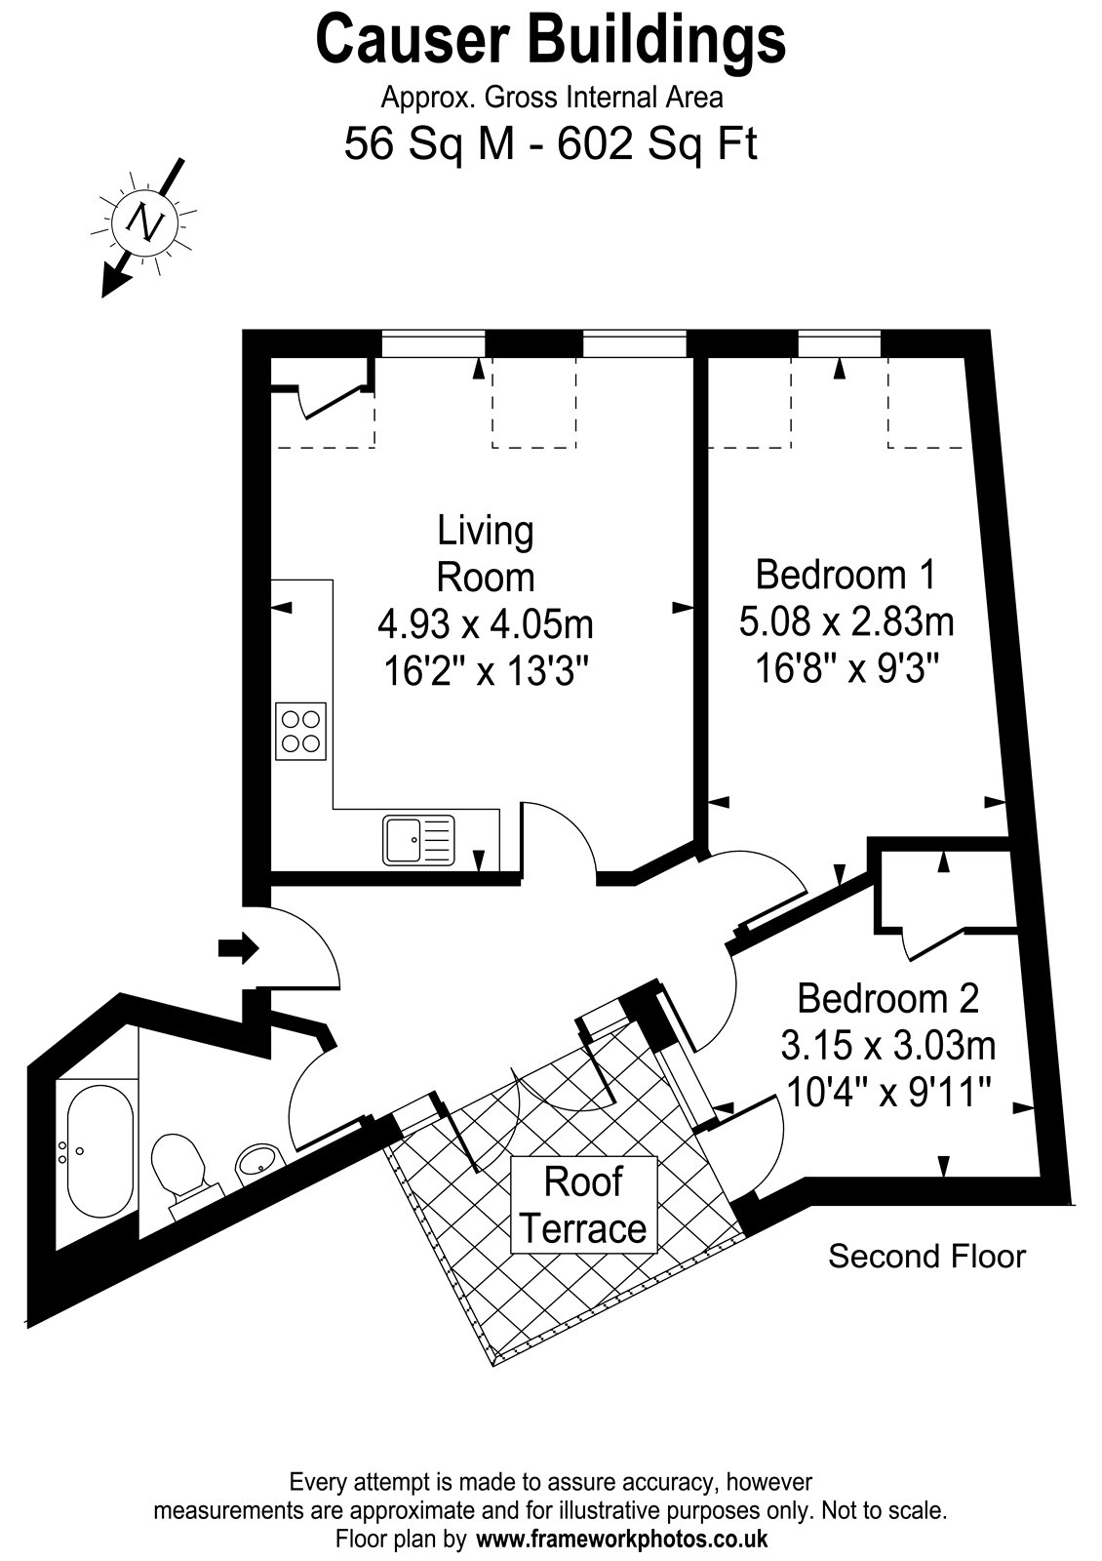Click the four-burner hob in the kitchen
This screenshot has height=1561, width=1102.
pos(301,731)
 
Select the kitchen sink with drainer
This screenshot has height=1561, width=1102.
pos(418,840)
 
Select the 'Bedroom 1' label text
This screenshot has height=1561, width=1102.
pos(846,575)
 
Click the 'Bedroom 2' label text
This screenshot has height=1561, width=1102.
pos(888,998)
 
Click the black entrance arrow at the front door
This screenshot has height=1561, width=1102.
pos(239,947)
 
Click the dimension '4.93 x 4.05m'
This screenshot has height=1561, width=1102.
pos(486,623)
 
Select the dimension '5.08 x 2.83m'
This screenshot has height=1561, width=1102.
pos(846,621)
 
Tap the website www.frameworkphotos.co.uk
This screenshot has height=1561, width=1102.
pos(622,1538)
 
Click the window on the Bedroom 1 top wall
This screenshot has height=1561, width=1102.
pos(839,344)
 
